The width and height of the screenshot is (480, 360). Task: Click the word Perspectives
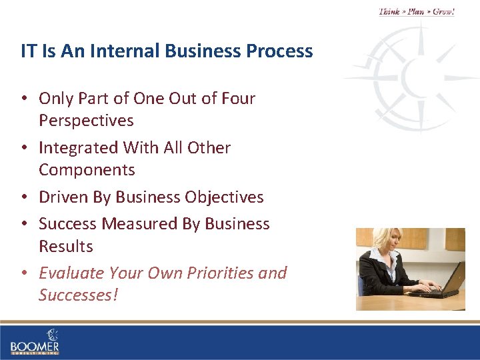point(86,121)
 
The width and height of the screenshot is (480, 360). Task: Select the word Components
point(87,170)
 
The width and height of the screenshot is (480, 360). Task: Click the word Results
point(65,246)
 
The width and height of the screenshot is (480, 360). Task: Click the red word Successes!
point(78,295)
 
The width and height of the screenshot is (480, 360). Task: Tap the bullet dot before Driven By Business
point(24,197)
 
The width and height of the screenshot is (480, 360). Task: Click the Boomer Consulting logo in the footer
point(35,342)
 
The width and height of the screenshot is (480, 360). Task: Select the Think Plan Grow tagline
point(417,11)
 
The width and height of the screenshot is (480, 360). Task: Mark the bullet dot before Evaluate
point(24,273)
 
